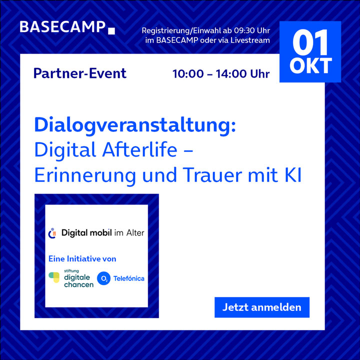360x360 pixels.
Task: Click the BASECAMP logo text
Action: coord(62,27)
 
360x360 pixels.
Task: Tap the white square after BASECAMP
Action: coord(111,31)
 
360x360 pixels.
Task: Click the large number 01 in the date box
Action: coord(310,42)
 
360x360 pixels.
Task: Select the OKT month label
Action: coord(310,65)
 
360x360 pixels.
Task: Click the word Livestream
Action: coord(250,40)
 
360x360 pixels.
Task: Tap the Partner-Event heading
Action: coord(80,73)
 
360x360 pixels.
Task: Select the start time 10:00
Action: coord(188,74)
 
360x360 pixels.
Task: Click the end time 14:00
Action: coord(231,74)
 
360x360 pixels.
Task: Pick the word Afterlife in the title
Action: coord(140,149)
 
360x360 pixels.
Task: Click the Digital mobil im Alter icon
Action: coord(52,233)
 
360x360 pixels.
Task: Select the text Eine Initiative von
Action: coord(82,259)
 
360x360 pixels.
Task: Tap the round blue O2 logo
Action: coord(103,278)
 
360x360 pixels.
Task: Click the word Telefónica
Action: coord(129,278)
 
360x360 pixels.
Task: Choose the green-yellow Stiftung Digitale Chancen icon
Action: coord(54,277)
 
